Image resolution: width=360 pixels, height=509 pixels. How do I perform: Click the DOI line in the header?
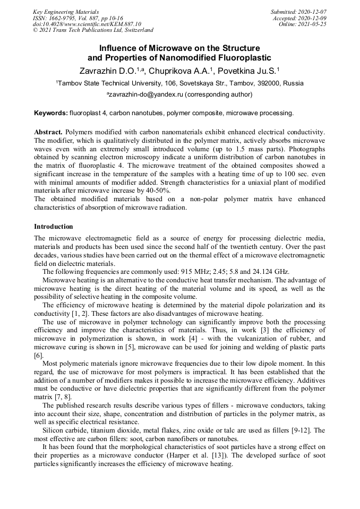tap(87, 24)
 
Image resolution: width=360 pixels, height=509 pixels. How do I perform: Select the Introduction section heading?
tap(54, 227)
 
